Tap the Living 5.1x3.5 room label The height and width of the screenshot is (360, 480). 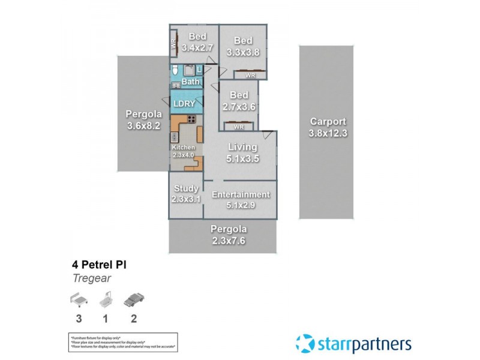[x=242, y=152]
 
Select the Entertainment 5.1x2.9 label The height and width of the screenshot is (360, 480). [x=241, y=200]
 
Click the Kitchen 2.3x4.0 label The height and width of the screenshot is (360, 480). [x=184, y=151]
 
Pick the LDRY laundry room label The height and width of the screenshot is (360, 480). [x=184, y=103]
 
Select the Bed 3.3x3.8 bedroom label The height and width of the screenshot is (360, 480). [x=242, y=46]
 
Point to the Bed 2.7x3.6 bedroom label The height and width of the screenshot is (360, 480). [x=239, y=101]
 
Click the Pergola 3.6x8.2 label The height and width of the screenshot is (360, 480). [x=141, y=121]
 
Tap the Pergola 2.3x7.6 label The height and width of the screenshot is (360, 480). [x=228, y=235]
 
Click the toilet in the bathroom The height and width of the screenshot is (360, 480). [x=175, y=71]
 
